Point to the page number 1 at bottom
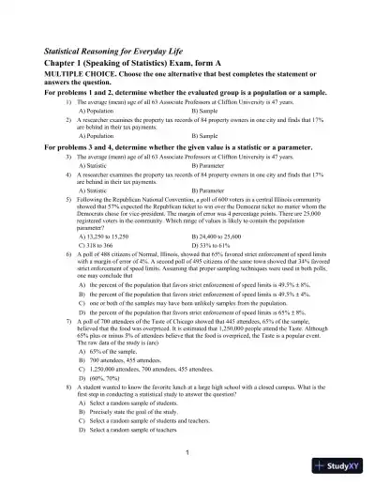pos(187,453)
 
